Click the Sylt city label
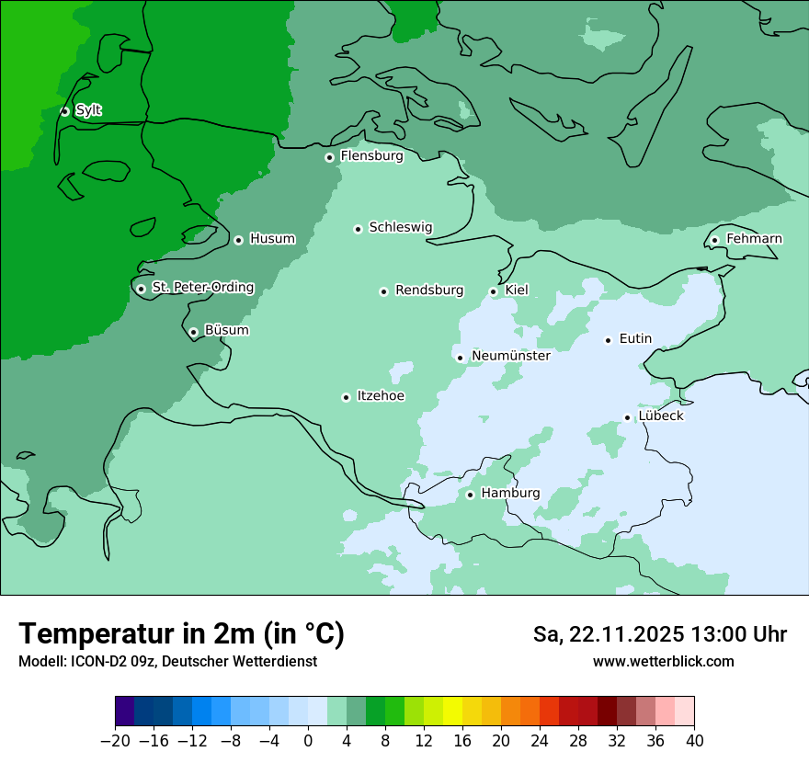coord(88,110)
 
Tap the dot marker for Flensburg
coord(329,157)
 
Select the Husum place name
coord(272,239)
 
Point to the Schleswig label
coord(400,227)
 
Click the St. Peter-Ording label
coord(202,288)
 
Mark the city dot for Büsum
coord(193,332)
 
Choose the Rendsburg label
coord(429,290)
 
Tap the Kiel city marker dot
coord(493,291)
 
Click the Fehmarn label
coord(754,239)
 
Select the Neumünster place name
coord(510,356)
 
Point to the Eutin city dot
coord(608,340)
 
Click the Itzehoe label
coord(381,396)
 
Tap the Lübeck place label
coord(661,416)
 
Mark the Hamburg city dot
coord(470,495)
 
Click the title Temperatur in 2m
coord(181,634)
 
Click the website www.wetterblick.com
coord(663,661)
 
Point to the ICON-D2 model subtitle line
coord(167,662)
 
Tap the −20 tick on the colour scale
coord(115,741)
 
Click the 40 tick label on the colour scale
coord(694,741)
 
